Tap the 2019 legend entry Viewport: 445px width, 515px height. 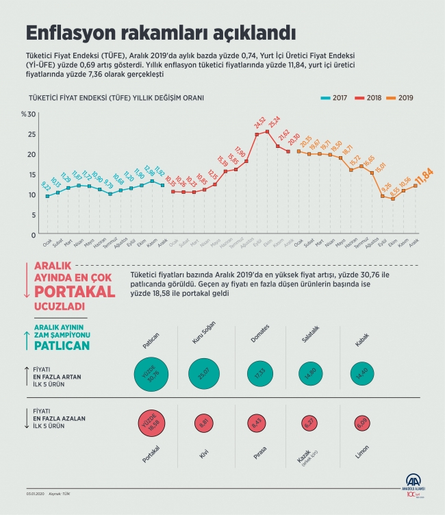coord(405,98)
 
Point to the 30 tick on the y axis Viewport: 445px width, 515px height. coord(31,114)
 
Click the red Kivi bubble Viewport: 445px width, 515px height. coord(202,423)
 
